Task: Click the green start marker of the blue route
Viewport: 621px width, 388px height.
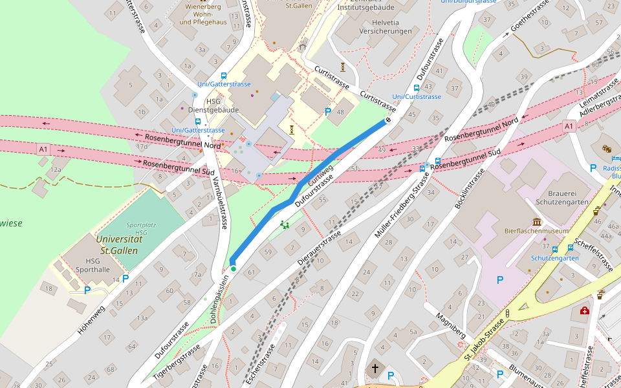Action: point(233,268)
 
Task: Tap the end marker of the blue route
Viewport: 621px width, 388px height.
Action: point(388,120)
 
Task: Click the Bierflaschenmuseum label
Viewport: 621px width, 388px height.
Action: point(536,231)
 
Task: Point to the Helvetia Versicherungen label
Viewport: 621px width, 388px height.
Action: point(386,27)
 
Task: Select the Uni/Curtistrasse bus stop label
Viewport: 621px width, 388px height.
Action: point(417,97)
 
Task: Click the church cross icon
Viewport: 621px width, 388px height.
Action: point(375,369)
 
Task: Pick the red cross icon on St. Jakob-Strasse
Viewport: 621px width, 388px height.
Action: point(585,311)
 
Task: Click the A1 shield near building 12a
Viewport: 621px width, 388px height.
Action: point(43,149)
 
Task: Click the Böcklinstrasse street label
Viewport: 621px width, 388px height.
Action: point(470,188)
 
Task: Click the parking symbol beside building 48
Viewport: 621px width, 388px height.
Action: point(328,113)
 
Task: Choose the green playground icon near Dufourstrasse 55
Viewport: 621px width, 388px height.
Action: point(284,225)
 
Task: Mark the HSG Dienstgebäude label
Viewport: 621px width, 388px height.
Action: point(213,105)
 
